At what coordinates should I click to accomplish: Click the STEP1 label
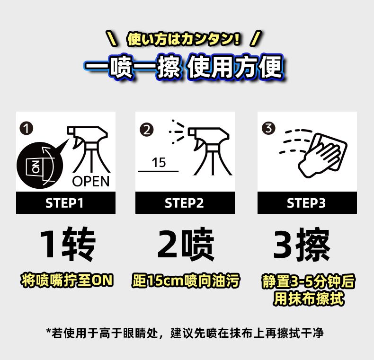[64, 203]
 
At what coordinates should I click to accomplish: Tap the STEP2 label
[184, 203]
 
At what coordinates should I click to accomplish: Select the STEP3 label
[306, 203]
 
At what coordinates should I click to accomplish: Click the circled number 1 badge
[26, 128]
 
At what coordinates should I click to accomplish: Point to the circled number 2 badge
[146, 130]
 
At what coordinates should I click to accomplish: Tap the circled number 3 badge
[268, 128]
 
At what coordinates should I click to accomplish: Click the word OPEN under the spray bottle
[91, 182]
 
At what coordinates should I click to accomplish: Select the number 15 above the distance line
[159, 163]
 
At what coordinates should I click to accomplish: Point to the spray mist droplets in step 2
[177, 132]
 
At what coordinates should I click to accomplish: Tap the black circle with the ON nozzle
[40, 166]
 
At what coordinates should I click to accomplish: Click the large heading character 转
[79, 244]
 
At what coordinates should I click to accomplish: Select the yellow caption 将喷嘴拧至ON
[67, 280]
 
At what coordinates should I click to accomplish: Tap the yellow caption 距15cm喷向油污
[186, 281]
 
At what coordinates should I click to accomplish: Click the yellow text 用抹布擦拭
[309, 299]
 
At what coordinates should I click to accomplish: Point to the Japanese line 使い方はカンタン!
[183, 39]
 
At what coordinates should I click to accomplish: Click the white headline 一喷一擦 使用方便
[184, 68]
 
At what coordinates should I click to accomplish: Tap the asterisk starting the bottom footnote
[49, 331]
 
